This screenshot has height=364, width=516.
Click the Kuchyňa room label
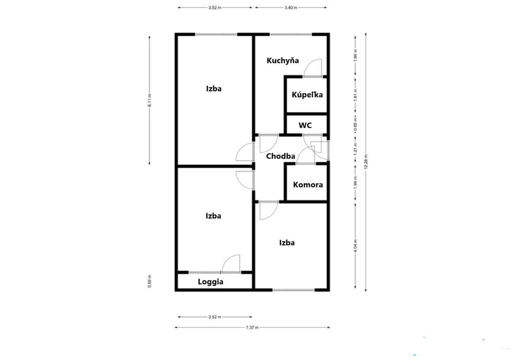pyautogui.click(x=283, y=61)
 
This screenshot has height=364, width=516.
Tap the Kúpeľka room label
pyautogui.click(x=307, y=95)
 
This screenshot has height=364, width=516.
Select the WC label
pyautogui.click(x=305, y=126)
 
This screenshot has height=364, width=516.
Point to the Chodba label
pyautogui.click(x=281, y=156)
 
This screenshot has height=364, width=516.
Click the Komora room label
pyautogui.click(x=308, y=185)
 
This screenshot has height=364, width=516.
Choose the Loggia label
pyautogui.click(x=211, y=282)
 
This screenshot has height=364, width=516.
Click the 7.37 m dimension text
pyautogui.click(x=252, y=328)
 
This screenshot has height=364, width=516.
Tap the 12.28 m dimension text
pyautogui.click(x=366, y=161)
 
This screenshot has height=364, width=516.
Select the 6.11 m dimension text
pyautogui.click(x=149, y=100)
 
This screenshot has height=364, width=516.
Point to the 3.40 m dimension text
pyautogui.click(x=291, y=7)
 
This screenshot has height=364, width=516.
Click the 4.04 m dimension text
pyautogui.click(x=355, y=246)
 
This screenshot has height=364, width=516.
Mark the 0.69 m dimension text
pyautogui.click(x=149, y=281)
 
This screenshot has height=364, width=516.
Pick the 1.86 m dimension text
pyautogui.click(x=355, y=55)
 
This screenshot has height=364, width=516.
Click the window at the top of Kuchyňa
pyautogui.click(x=290, y=34)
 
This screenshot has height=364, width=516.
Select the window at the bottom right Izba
pyautogui.click(x=293, y=290)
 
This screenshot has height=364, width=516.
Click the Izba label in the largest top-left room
pyautogui.click(x=214, y=89)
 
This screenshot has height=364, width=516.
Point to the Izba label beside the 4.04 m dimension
pyautogui.click(x=287, y=243)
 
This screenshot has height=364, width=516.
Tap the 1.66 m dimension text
pyautogui.click(x=355, y=182)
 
